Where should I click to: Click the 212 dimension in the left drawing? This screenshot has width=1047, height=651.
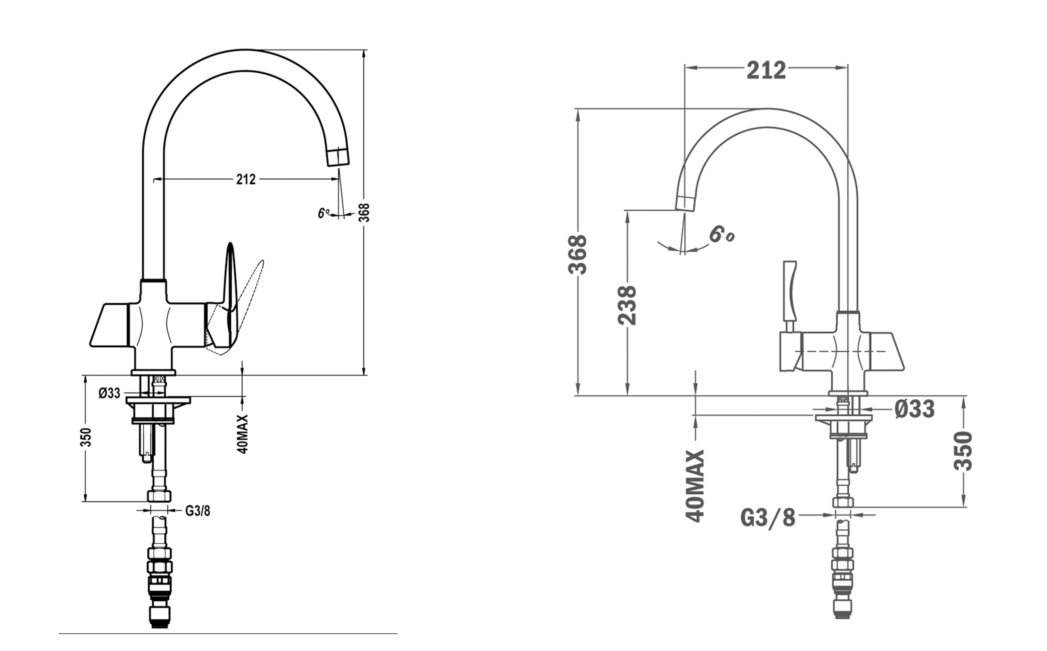[x=246, y=179]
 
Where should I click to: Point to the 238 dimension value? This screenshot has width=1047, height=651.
[x=627, y=305]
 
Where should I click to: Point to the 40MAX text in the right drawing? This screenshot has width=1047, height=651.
[x=695, y=486]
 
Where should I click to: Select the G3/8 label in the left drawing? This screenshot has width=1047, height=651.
[x=198, y=511]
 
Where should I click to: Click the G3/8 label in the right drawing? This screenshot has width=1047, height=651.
[x=768, y=518]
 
